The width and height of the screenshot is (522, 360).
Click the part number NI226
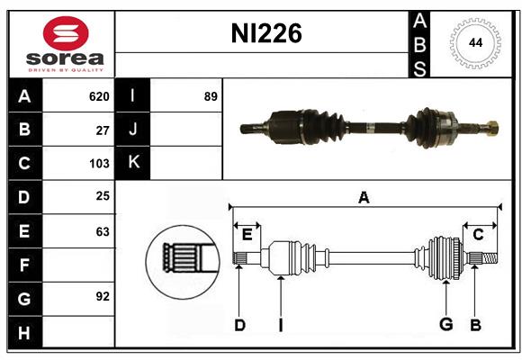[266, 34]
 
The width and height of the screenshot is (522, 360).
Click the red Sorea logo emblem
[66, 35]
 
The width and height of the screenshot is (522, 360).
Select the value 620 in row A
[99, 96]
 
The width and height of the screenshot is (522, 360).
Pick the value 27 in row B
[103, 130]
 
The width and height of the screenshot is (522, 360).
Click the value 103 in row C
[99, 164]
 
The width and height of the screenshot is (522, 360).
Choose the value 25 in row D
[103, 197]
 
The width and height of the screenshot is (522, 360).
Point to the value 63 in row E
[103, 231]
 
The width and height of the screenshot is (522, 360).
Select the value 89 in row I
[211, 96]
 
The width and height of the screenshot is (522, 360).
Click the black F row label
[24, 265]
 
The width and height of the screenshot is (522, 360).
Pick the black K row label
[133, 163]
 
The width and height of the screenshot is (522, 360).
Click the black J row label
[133, 130]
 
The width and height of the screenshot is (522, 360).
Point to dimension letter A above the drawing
[364, 198]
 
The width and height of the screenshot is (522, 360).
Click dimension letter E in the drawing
[247, 235]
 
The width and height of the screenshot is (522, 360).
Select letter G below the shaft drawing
[445, 325]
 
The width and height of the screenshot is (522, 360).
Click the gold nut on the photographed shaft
[491, 128]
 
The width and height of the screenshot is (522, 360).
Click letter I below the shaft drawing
[280, 325]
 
